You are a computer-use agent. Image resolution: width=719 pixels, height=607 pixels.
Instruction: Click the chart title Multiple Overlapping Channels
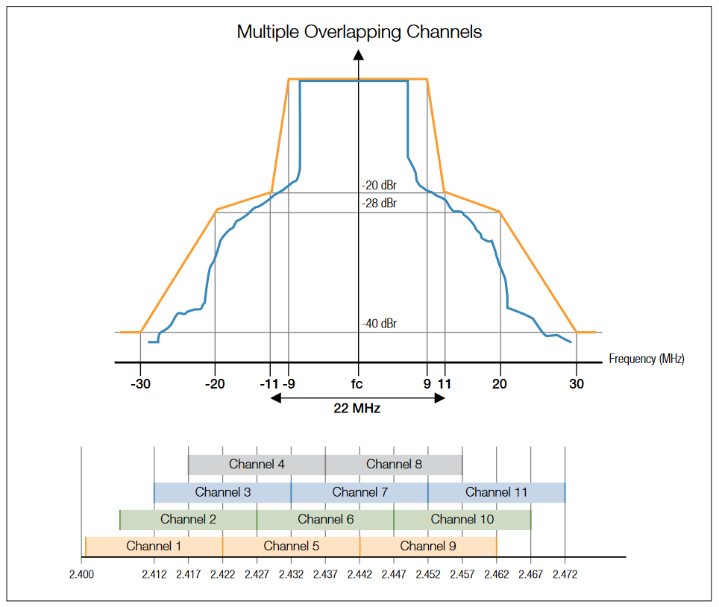click(359, 32)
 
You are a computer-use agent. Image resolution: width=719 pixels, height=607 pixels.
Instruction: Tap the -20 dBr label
click(379, 186)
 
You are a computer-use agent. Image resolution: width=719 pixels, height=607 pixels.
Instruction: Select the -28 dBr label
click(379, 203)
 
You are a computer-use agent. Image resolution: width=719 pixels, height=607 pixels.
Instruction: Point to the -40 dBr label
click(379, 324)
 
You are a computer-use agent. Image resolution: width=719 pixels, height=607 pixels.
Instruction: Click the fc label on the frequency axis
click(359, 384)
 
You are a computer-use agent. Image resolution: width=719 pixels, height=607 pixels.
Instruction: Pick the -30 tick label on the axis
click(140, 384)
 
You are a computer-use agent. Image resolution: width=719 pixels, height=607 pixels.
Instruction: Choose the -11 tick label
click(269, 384)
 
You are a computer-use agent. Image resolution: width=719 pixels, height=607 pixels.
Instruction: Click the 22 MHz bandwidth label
click(358, 408)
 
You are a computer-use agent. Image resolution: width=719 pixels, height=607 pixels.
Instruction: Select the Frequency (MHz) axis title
click(646, 359)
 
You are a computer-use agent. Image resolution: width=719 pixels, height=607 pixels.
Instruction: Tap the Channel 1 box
click(154, 546)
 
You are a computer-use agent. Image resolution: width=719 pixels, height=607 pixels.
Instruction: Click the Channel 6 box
click(325, 519)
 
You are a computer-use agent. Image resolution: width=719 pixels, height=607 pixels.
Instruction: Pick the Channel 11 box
click(497, 492)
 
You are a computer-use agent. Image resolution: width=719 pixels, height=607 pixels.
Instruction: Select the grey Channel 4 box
click(257, 464)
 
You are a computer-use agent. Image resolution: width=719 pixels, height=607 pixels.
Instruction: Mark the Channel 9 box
click(428, 546)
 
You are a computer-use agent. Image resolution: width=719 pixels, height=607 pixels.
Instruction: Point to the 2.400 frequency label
click(81, 575)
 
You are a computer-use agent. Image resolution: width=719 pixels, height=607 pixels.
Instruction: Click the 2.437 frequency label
click(325, 575)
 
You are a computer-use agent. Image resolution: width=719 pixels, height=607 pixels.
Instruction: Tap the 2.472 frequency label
click(565, 575)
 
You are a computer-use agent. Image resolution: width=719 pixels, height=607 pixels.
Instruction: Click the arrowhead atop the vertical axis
click(359, 54)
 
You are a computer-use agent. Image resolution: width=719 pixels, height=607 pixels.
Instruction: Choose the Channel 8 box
click(394, 464)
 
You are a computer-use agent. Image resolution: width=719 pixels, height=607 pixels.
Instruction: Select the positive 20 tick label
click(500, 384)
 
